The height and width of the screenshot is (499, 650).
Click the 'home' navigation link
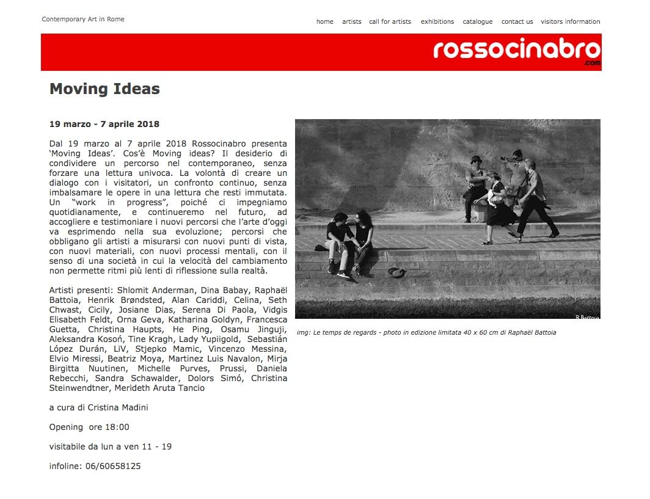(324, 21)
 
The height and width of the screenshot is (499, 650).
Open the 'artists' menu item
(351, 21)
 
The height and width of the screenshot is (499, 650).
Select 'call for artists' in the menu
(390, 21)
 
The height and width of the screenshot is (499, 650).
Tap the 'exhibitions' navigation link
(437, 21)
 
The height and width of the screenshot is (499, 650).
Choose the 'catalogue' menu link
(477, 21)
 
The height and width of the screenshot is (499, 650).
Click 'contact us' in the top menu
(517, 21)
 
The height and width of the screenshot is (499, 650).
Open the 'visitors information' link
(570, 21)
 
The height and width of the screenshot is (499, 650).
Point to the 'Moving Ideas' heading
(104, 89)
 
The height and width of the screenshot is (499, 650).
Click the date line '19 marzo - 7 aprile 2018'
(104, 124)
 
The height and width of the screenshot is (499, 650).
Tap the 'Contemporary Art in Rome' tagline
(83, 19)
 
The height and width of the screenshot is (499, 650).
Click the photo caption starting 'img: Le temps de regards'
(426, 333)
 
